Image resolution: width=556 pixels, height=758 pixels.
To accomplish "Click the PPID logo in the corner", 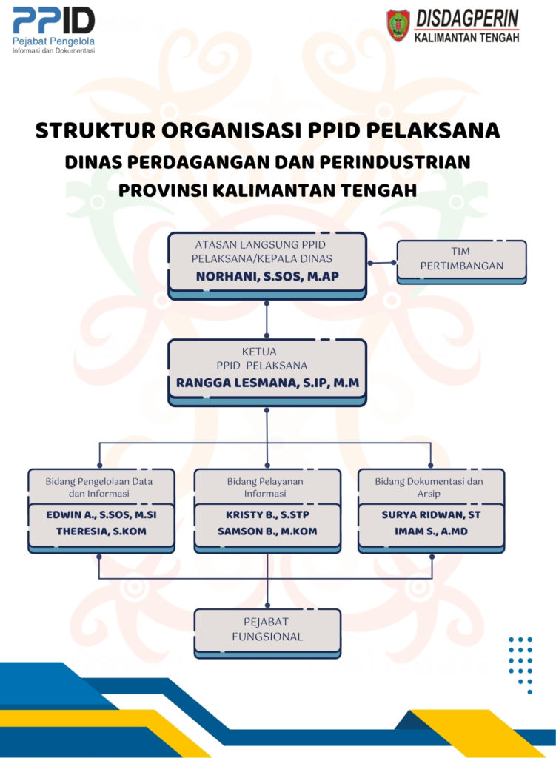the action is tap(53, 30).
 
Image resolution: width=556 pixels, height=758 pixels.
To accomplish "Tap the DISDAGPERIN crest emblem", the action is tap(398, 26).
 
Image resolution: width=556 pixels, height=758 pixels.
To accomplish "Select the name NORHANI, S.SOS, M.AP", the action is tap(267, 277).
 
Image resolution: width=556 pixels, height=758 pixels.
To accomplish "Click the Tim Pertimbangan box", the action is tap(461, 261).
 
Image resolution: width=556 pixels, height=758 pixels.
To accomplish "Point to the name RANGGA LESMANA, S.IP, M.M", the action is tap(267, 383).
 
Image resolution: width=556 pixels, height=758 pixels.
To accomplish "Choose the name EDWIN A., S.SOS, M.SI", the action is tap(101, 515).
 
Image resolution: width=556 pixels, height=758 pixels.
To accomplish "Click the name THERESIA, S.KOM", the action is tap(101, 531).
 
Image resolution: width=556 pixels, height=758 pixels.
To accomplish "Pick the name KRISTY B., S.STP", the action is tap(267, 515).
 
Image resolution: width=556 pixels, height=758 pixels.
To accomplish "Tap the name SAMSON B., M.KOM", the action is tap(267, 531).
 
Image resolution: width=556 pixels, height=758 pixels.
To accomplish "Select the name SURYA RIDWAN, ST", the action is tap(432, 515).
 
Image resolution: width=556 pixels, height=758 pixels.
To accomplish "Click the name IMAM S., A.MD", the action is tap(432, 531).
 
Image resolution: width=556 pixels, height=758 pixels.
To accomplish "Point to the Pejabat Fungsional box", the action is tap(267, 634).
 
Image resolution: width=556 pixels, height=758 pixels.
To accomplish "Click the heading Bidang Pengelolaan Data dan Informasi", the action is tap(99, 487).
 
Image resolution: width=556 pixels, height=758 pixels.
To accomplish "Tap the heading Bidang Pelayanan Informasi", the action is tap(265, 487).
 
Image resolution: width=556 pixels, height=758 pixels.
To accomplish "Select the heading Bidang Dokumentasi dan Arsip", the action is tap(429, 487).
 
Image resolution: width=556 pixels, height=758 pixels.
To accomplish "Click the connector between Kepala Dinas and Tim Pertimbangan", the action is tap(382, 263).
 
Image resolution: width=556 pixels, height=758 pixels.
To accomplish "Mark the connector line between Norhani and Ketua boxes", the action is tap(267, 319).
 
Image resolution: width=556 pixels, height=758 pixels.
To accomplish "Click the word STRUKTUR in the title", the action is tap(96, 130).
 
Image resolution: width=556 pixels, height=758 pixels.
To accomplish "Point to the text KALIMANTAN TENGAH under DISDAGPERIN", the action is tap(466, 38).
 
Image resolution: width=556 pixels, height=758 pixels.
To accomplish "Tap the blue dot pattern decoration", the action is tap(520, 665).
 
